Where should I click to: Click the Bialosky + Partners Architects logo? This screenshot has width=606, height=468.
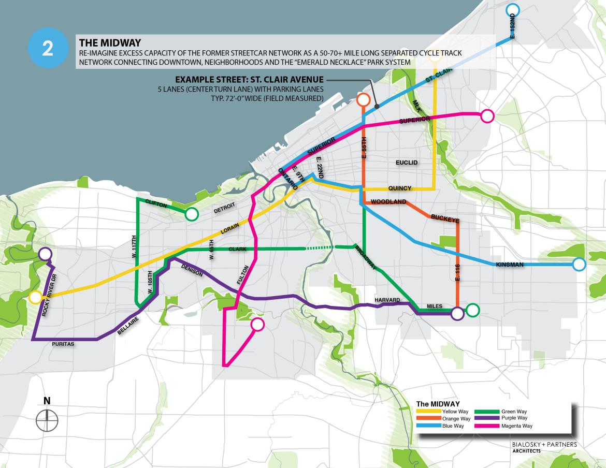point(544,447)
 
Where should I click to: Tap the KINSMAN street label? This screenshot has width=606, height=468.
point(510,265)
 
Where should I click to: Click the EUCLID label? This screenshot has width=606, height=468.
point(406,163)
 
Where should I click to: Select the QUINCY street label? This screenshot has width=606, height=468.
point(399,188)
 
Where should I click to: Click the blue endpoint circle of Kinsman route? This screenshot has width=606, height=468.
point(579,265)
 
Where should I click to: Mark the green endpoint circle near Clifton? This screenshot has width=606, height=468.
point(192,214)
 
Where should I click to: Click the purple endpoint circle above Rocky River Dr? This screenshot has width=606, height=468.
point(45,254)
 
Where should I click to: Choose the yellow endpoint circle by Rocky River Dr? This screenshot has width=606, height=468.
point(35,297)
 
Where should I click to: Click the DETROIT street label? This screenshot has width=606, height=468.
point(224,207)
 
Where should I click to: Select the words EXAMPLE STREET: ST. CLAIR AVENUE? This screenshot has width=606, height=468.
point(249,80)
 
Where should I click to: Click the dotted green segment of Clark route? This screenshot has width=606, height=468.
point(320,248)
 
